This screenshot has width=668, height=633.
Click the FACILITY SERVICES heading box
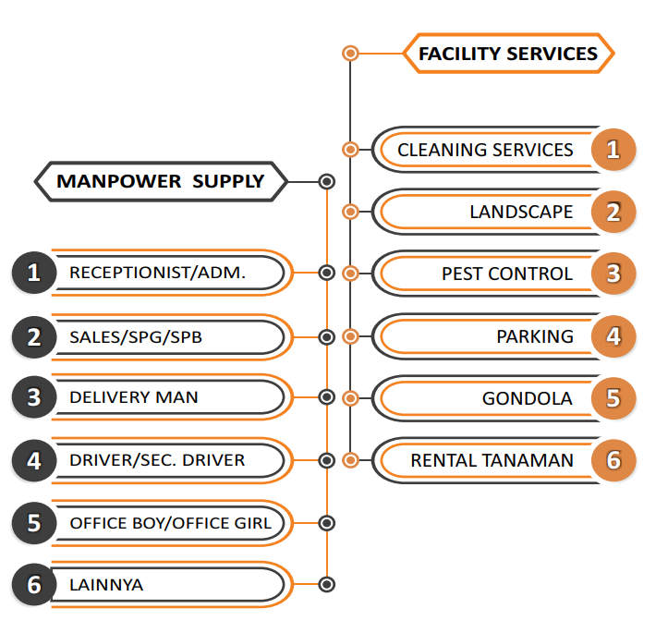[x=507, y=54]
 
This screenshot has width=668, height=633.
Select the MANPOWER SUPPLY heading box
[x=161, y=181]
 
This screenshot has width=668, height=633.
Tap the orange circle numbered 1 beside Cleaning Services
[x=613, y=150]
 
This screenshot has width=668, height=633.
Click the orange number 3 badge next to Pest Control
[x=613, y=274]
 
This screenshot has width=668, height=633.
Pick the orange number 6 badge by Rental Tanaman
[x=613, y=460]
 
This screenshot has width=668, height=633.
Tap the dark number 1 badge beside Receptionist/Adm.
[x=34, y=273]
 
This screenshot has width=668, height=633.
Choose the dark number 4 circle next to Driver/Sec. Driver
[x=34, y=460]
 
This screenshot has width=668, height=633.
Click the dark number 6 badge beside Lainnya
[x=34, y=585]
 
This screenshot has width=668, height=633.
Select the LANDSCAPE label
[x=521, y=212]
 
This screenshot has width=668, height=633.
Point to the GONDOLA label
[x=528, y=399]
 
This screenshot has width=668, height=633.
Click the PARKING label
[x=534, y=336]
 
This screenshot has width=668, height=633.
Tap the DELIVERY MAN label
[x=134, y=397]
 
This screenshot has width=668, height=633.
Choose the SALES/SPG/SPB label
[x=136, y=337]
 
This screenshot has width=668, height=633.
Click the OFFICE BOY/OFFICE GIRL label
[x=171, y=523]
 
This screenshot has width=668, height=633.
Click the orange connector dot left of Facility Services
[x=350, y=54]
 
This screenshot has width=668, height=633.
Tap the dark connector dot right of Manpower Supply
[x=326, y=181]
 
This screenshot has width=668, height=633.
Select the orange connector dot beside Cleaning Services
[x=350, y=150]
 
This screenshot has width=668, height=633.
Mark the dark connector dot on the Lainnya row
[x=326, y=585]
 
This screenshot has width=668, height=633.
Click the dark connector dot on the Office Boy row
[x=326, y=523]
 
